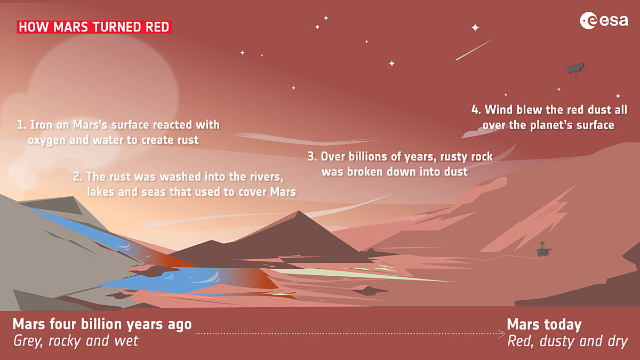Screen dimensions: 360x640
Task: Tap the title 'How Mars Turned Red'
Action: pyautogui.click(x=94, y=27)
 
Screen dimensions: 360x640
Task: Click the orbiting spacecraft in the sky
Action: pyautogui.click(x=574, y=69)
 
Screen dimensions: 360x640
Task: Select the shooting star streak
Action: pyautogui.click(x=475, y=49)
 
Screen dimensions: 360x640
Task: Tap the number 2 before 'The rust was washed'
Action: pyautogui.click(x=76, y=177)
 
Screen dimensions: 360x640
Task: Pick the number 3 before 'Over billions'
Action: pyautogui.click(x=311, y=157)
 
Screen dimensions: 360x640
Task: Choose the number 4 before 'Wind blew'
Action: pyautogui.click(x=475, y=110)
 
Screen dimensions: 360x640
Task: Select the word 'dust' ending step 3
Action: pyautogui.click(x=455, y=172)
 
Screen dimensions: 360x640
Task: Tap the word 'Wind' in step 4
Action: pyautogui.click(x=498, y=110)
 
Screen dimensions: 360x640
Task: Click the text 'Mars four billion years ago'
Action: pyautogui.click(x=102, y=324)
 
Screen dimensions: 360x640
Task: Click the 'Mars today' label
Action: pyautogui.click(x=544, y=324)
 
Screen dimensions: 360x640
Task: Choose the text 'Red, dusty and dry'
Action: pyautogui.click(x=567, y=341)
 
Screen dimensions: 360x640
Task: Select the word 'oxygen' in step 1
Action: pyautogui.click(x=45, y=140)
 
